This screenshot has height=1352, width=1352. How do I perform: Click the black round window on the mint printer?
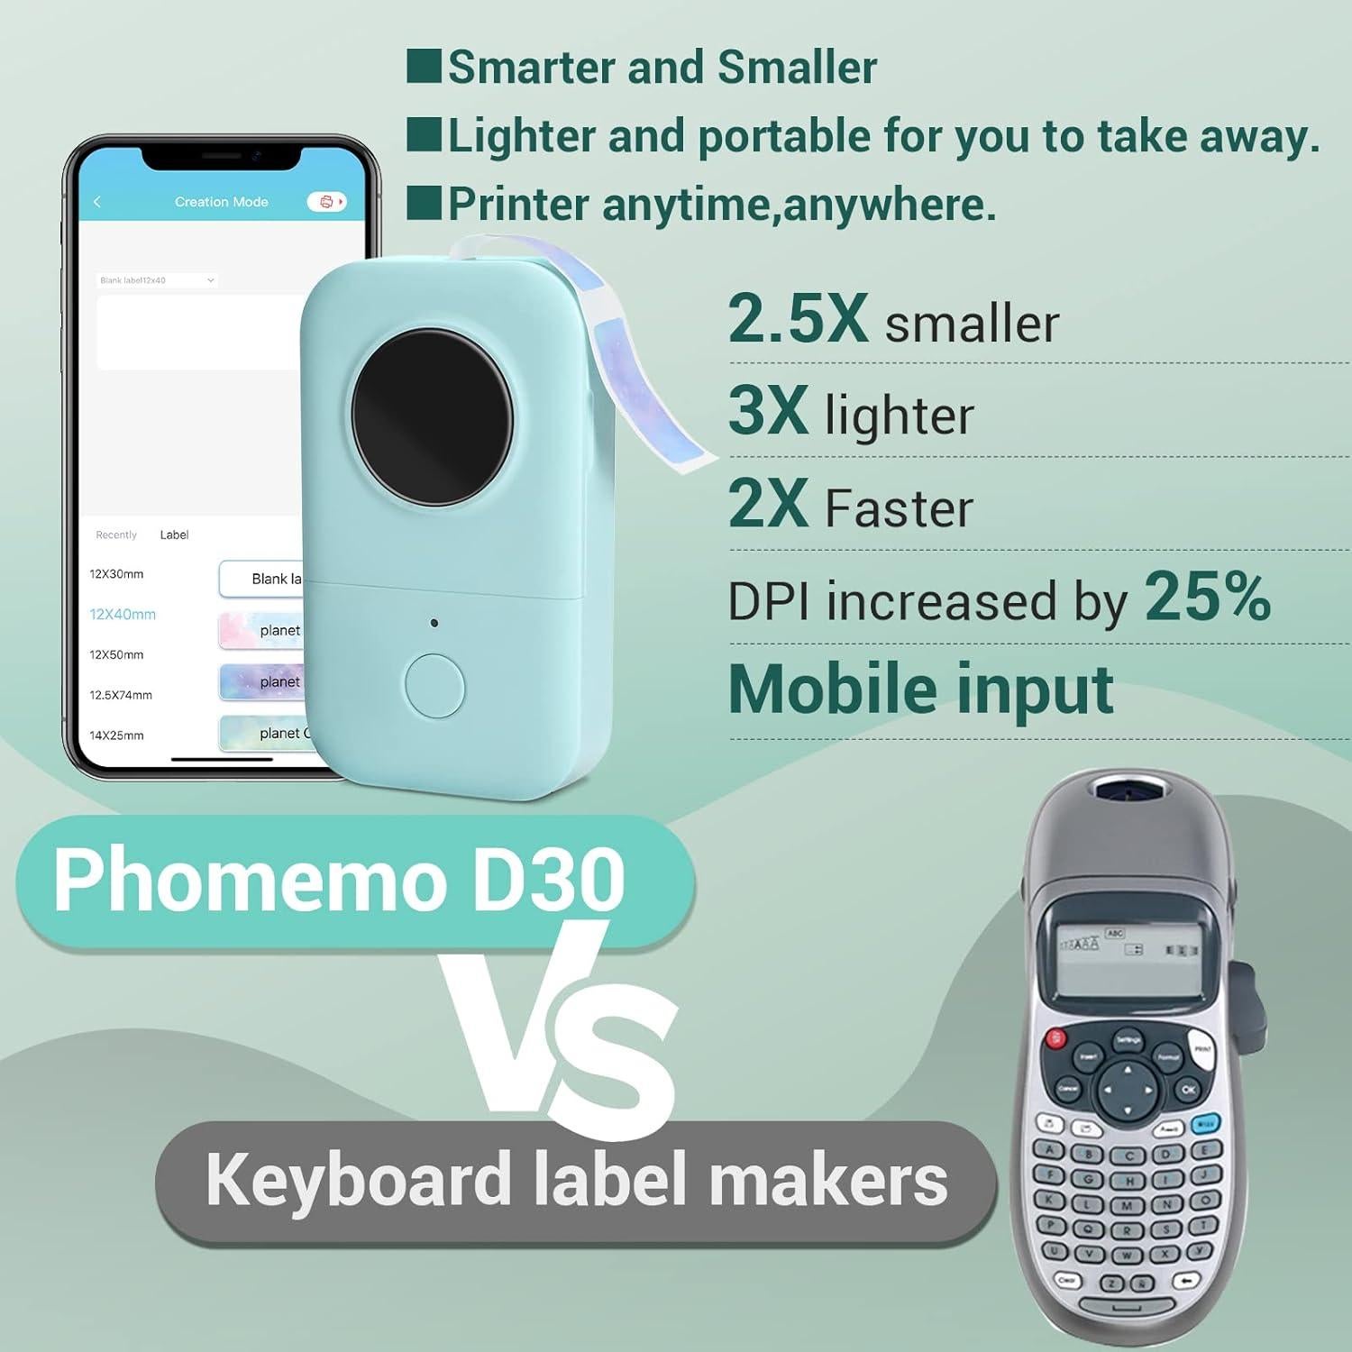pyautogui.click(x=432, y=417)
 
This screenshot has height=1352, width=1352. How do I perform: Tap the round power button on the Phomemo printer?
pyautogui.click(x=434, y=686)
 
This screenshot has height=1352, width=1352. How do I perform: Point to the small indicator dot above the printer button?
pyautogui.click(x=434, y=623)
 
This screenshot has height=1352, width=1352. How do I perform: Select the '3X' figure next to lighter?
pyautogui.click(x=768, y=411)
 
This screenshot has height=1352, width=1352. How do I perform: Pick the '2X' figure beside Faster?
pyautogui.click(x=768, y=504)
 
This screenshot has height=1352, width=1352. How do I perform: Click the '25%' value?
pyautogui.click(x=1207, y=597)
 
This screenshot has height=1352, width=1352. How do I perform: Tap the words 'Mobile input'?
pyautogui.click(x=920, y=690)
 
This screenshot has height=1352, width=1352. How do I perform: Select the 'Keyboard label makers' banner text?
pyautogui.click(x=577, y=1180)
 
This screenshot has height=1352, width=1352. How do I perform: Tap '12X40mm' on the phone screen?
pyautogui.click(x=123, y=615)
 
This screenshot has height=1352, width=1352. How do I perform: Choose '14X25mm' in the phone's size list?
pyautogui.click(x=116, y=735)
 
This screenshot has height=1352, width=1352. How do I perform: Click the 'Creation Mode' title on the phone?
pyautogui.click(x=222, y=202)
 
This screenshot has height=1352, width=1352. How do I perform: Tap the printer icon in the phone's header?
pyautogui.click(x=326, y=202)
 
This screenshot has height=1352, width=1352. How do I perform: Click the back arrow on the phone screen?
pyautogui.click(x=97, y=202)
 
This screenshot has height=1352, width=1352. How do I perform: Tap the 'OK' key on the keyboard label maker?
pyautogui.click(x=1188, y=1089)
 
